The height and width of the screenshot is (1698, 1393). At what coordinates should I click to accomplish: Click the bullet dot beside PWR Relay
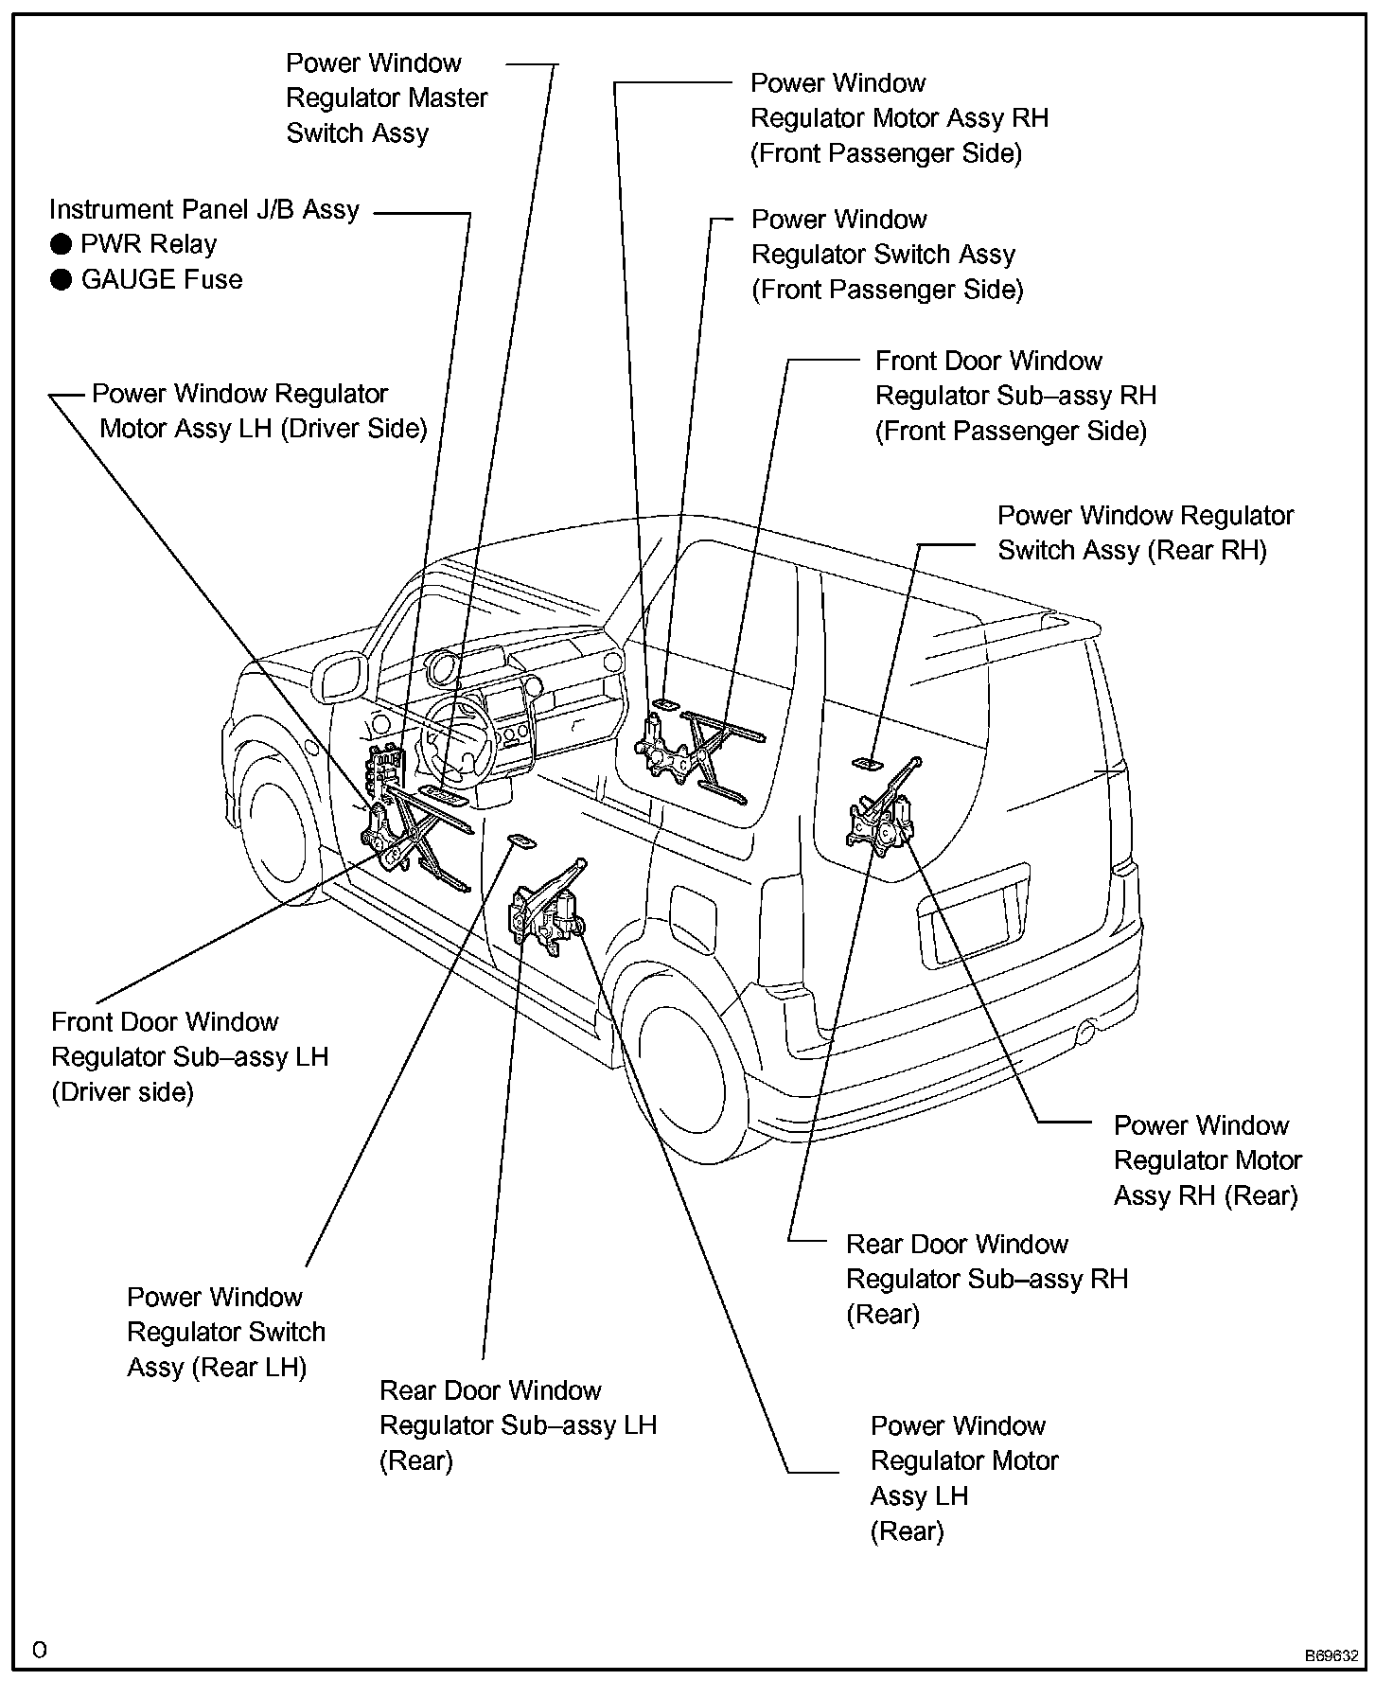(61, 245)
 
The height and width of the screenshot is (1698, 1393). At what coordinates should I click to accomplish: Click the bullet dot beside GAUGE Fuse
(61, 280)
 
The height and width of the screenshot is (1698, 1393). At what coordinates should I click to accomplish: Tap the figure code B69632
(1331, 1655)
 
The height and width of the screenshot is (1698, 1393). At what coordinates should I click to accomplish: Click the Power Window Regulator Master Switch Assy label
(386, 98)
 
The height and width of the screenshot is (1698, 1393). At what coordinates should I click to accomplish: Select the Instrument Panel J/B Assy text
(204, 209)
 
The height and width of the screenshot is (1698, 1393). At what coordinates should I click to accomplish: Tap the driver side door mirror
(339, 677)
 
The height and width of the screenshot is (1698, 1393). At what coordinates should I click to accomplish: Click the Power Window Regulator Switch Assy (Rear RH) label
(1145, 533)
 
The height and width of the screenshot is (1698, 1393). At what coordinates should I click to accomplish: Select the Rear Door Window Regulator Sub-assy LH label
(518, 1424)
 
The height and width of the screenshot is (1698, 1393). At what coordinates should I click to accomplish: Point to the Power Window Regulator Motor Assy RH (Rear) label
(1207, 1160)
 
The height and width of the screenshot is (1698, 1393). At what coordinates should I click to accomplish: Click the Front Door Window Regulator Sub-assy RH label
(1014, 396)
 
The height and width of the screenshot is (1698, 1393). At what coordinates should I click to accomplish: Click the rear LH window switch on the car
(520, 840)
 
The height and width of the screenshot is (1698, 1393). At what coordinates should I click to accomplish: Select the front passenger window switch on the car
(663, 703)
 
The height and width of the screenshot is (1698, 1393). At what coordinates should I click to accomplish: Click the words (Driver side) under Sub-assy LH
(122, 1092)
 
